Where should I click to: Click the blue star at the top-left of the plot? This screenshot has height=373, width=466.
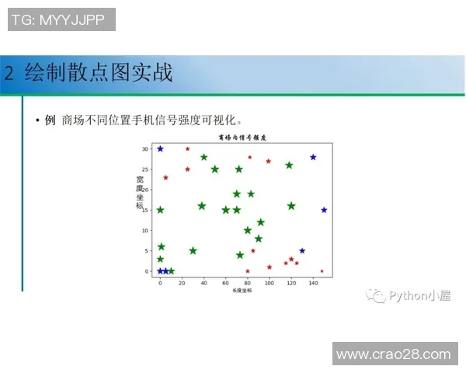tap(160, 148)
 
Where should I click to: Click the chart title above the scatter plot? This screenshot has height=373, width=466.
tap(242, 136)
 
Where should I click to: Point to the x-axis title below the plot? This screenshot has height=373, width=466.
tap(242, 291)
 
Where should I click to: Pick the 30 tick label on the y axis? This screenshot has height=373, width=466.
tap(145, 148)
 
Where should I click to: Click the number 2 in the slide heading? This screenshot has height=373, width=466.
tap(9, 74)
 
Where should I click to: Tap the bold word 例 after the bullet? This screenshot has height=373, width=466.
tap(50, 120)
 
